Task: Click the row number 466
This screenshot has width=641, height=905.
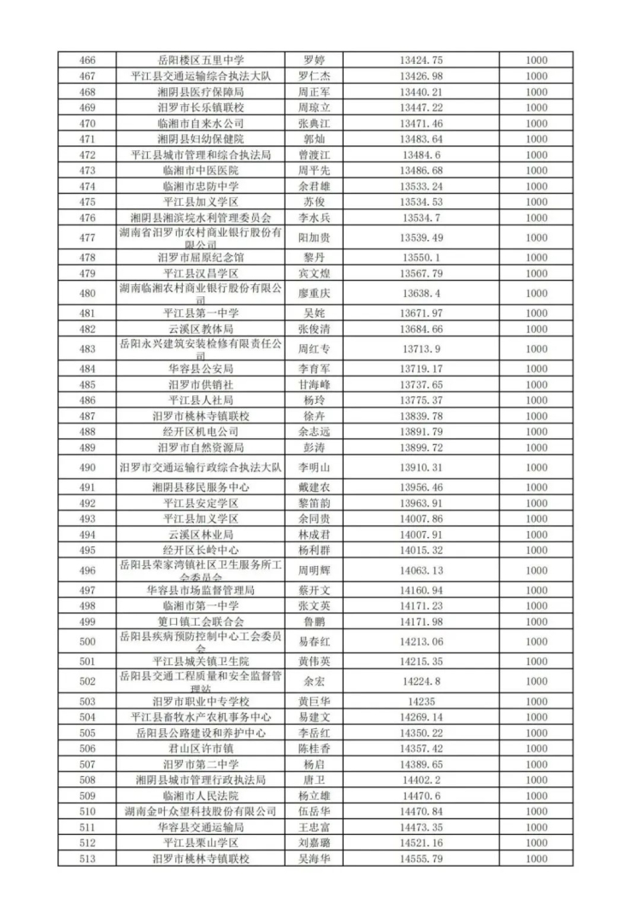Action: click(x=86, y=61)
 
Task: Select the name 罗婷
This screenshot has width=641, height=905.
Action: click(x=313, y=61)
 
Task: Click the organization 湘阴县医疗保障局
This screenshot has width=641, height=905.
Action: click(x=201, y=91)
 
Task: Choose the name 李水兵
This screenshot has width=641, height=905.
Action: click(x=313, y=217)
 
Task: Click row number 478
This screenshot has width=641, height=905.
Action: click(x=86, y=257)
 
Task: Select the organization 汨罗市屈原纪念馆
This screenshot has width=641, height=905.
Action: click(x=201, y=257)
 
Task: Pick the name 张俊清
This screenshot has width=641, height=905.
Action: click(x=313, y=329)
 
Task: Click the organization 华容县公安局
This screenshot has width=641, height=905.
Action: click(x=201, y=369)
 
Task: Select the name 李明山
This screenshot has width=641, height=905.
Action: click(x=313, y=467)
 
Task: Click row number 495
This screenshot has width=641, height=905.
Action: click(x=86, y=550)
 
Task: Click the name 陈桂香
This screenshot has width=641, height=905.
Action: click(x=313, y=748)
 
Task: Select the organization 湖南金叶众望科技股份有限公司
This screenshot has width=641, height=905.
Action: click(x=201, y=810)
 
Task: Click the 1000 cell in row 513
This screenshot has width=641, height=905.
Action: click(x=537, y=858)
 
